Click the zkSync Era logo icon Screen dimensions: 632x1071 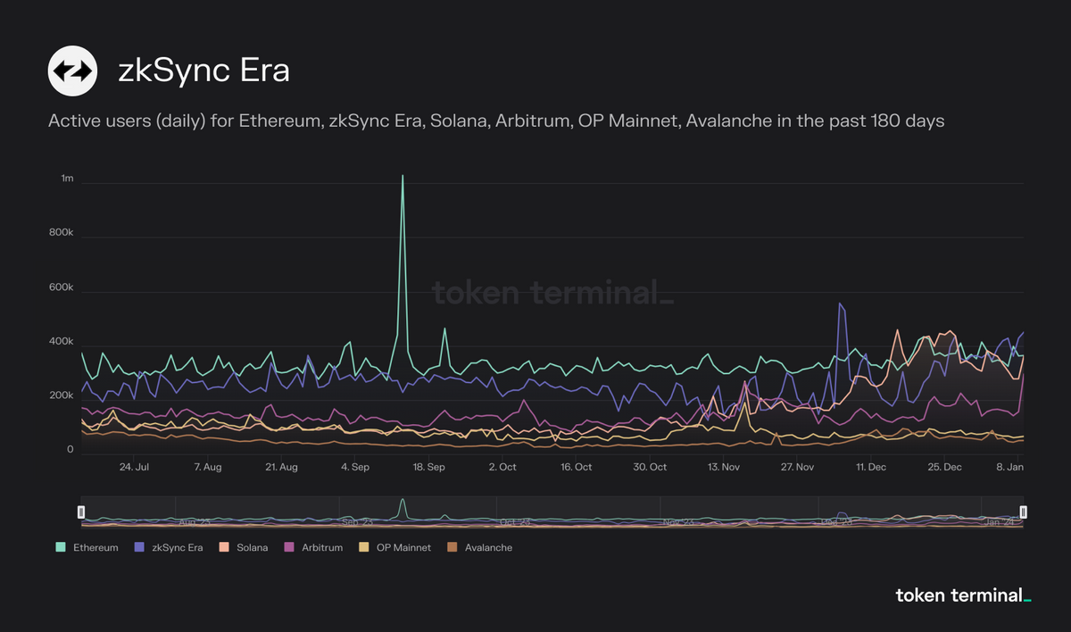coord(72,71)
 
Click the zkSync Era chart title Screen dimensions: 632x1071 coord(203,71)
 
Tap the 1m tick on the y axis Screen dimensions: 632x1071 coord(67,179)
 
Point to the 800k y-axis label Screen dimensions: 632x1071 coord(61,234)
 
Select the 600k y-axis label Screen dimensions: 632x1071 coord(61,288)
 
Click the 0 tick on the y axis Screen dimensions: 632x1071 coord(70,451)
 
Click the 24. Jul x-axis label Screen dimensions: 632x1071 coord(134,467)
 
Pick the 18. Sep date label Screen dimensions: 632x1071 coord(429,467)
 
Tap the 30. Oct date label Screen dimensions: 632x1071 coord(650,467)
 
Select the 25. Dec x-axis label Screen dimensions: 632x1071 coord(944,467)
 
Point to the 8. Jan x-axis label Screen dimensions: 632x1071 coord(1010,467)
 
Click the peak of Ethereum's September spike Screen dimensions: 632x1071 coord(403,176)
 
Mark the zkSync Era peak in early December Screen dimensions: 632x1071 coord(839,304)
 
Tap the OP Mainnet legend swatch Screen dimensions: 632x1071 coord(363,547)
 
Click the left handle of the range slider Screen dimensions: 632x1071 coord(81,511)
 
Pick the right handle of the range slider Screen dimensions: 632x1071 coord(1024,511)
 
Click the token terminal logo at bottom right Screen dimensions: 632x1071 coord(963,595)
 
